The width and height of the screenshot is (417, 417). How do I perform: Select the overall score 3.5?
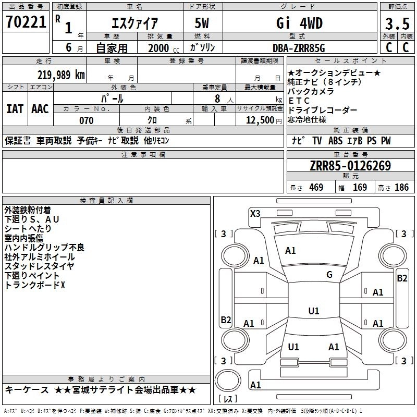pos(397,23)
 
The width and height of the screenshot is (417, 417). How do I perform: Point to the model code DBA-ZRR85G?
pos(299,47)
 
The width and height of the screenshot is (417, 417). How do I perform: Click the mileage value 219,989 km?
pos(61,75)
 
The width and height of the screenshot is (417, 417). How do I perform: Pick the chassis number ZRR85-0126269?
pos(350,166)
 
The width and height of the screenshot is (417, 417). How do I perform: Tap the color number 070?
pos(86,120)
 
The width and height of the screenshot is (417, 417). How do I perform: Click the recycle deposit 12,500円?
pos(260,120)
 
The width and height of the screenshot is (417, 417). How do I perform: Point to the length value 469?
pos(316,188)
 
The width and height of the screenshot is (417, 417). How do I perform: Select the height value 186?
pos(401,188)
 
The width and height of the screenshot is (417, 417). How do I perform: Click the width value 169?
pos(360,188)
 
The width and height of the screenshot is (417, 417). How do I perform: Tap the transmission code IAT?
pos(15,109)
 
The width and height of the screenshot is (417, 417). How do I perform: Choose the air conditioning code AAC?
pos(40,109)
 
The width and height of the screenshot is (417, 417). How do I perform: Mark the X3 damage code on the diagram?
pos(255,213)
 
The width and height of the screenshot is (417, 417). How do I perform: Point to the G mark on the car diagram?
pos(329,275)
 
